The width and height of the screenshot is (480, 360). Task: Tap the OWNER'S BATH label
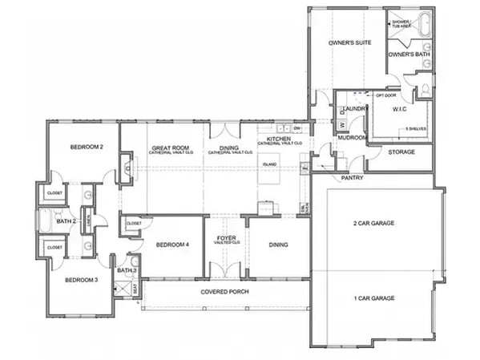(409, 54)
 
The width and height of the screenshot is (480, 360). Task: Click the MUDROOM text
(352, 138)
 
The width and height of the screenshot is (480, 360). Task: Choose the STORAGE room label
(401, 151)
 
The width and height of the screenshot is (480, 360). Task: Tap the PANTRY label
(353, 177)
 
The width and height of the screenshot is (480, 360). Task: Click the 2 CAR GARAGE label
(373, 223)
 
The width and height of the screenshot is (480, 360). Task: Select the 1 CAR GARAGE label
(373, 297)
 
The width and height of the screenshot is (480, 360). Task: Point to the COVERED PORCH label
(225, 291)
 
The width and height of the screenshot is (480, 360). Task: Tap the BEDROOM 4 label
(171, 245)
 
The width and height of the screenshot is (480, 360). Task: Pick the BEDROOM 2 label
(86, 147)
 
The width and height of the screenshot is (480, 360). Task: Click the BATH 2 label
(66, 220)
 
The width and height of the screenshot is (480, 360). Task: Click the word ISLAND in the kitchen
(269, 164)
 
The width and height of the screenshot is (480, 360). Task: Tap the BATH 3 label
(127, 270)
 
